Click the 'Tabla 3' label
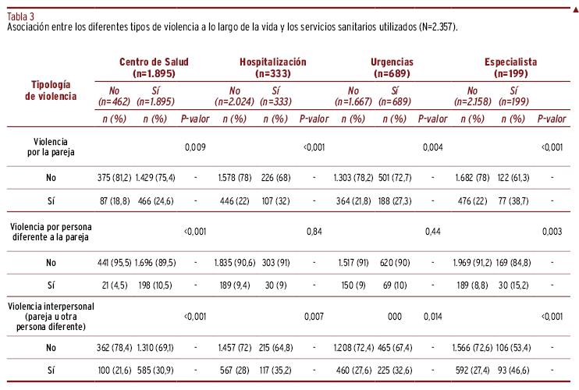click(x=20, y=16)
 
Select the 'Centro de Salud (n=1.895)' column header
click(x=154, y=68)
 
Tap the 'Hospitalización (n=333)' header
click(x=273, y=68)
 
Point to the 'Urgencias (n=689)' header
click(x=392, y=68)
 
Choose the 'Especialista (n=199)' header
click(x=510, y=68)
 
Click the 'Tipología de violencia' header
click(x=51, y=90)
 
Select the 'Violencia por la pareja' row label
click(x=51, y=147)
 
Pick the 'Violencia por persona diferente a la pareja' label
click(x=51, y=232)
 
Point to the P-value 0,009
click(x=195, y=147)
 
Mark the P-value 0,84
click(x=314, y=232)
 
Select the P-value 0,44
click(x=433, y=232)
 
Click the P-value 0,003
click(x=552, y=232)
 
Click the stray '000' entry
click(x=395, y=317)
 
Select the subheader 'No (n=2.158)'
click(x=473, y=96)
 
